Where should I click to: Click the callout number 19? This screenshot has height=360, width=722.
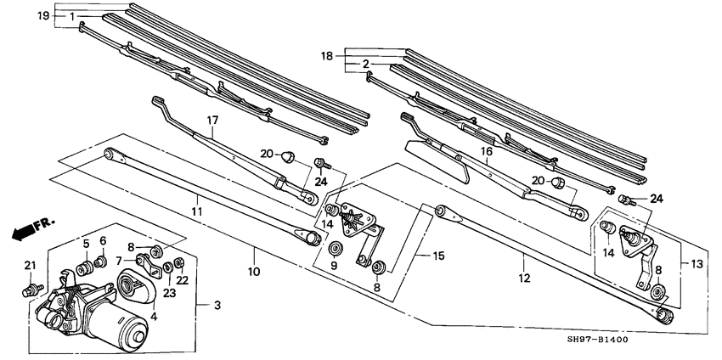pyautogui.click(x=43, y=16)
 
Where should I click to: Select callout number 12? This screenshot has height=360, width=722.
pyautogui.click(x=524, y=278)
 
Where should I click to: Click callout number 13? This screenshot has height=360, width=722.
pyautogui.click(x=697, y=265)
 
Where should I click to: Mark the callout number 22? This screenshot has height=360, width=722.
pyautogui.click(x=183, y=281)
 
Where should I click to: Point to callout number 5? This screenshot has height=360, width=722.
pyautogui.click(x=86, y=245)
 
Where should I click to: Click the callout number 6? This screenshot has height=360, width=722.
pyautogui.click(x=103, y=240)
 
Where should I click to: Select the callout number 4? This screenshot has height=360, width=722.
pyautogui.click(x=154, y=317)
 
